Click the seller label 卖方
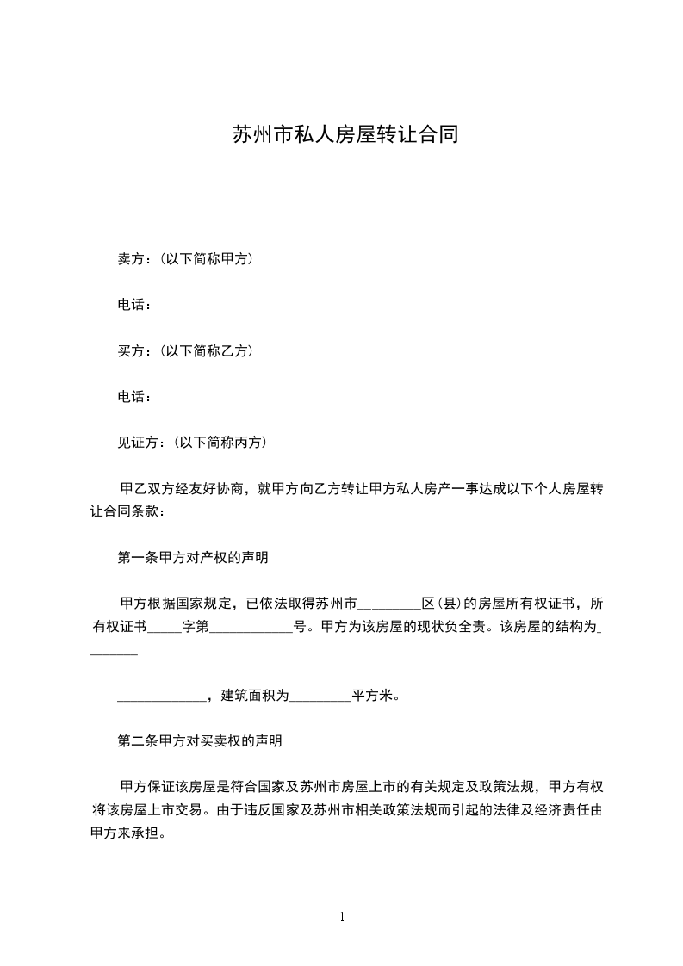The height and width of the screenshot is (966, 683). point(130,258)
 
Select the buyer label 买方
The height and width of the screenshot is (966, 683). point(130,351)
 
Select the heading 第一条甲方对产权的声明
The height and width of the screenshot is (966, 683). point(192,558)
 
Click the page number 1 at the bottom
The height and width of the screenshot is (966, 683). point(342,918)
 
